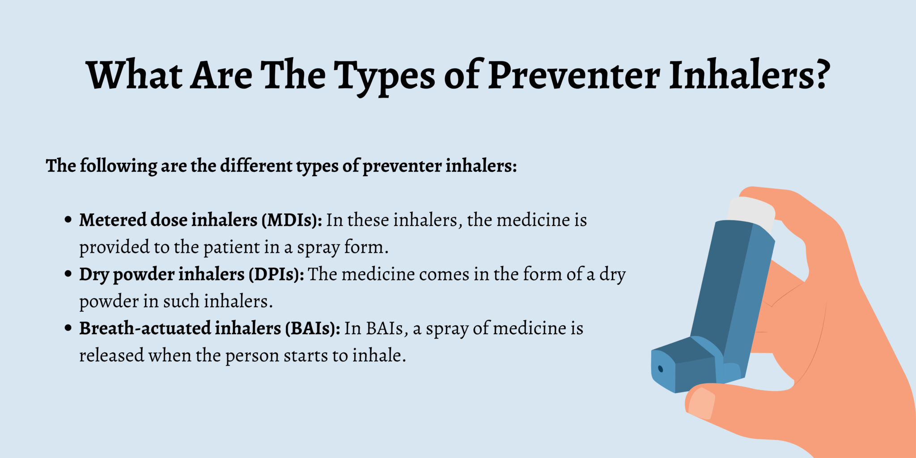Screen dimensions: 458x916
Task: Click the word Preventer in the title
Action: click(x=574, y=75)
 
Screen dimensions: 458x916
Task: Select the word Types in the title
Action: click(x=385, y=76)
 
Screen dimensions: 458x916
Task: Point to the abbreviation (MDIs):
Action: click(x=292, y=220)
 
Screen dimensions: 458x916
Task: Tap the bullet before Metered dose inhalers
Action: click(x=68, y=220)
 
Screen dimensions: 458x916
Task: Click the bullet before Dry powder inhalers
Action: click(x=68, y=274)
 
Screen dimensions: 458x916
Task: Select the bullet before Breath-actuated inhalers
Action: click(x=68, y=328)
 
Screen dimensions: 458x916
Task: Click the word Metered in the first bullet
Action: click(x=113, y=220)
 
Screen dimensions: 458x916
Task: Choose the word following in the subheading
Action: click(x=118, y=166)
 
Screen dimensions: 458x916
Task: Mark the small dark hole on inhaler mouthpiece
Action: click(x=661, y=369)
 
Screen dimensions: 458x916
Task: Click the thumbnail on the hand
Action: click(x=701, y=402)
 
